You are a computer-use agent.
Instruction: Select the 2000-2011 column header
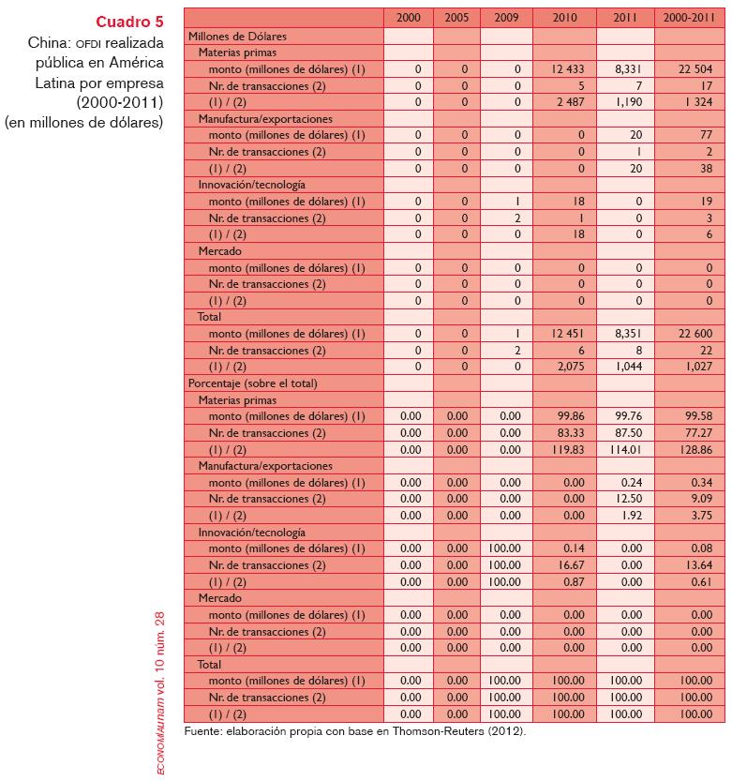pos(689,18)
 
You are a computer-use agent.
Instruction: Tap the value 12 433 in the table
pos(564,69)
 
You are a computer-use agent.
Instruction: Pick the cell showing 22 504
pos(689,69)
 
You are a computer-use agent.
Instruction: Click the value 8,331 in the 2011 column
pos(625,69)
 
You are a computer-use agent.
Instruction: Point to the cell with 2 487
pos(564,102)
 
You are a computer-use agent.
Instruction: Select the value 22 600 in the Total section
pos(689,334)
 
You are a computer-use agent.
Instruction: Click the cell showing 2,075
pos(564,367)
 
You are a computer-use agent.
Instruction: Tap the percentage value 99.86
pos(564,416)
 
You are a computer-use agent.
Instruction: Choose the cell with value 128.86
pos(689,449)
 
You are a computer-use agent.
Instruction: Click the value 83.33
pos(564,433)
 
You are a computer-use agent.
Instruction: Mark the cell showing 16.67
pos(564,565)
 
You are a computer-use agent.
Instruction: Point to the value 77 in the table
pos(689,136)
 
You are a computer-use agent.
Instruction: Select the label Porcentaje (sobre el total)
pos(252,383)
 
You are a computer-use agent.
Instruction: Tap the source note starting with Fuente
pos(355,730)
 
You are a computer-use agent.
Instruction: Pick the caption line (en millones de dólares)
pos(84,122)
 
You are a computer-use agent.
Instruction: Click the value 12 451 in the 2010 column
pos(564,334)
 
